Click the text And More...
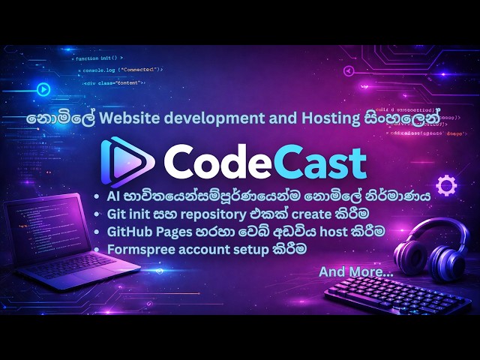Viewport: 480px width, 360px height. coord(355,271)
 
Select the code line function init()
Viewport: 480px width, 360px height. coord(100,58)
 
